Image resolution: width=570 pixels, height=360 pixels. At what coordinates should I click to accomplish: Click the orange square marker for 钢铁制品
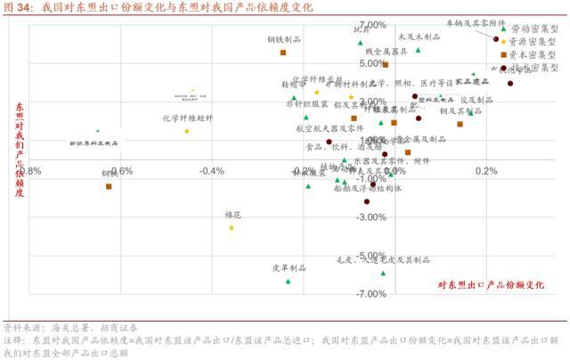coord(283,53)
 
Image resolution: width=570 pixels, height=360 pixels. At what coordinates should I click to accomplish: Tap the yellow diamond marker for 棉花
coord(232,228)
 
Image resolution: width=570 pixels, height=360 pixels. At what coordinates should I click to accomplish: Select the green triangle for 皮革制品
coord(289,281)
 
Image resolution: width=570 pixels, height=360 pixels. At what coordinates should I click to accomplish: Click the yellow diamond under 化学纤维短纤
coord(187,131)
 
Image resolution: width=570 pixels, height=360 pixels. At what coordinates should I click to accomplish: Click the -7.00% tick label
coord(370,293)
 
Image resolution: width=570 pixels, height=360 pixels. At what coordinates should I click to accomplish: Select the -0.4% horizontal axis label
coord(212,171)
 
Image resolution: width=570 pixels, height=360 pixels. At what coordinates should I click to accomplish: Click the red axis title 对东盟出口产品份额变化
coord(490,285)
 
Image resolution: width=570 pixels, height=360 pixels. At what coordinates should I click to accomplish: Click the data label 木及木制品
coord(419,37)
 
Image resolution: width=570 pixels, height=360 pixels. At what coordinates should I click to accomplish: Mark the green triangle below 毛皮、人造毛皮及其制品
coord(384,273)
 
